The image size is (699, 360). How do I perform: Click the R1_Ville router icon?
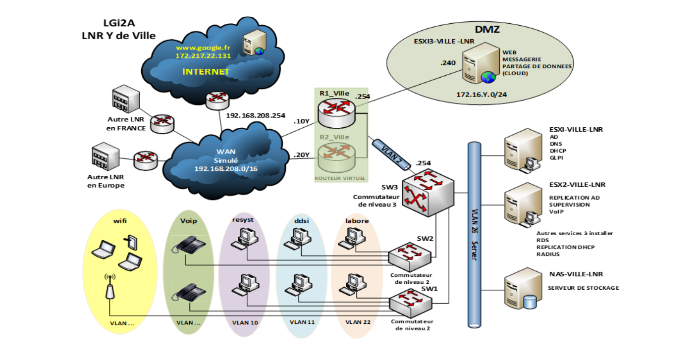tap(336, 113)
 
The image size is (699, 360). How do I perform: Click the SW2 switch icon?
tap(410, 257)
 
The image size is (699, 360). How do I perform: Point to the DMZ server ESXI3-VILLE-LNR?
tap(480, 63)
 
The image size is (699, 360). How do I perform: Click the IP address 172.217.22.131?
tap(203, 56)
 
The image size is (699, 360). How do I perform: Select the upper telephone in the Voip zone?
tap(188, 245)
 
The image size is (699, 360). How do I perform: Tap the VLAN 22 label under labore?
tap(358, 322)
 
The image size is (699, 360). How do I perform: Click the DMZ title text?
tap(487, 29)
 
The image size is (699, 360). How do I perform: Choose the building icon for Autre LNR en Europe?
tap(106, 156)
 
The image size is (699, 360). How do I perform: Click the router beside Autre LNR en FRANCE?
tap(162, 124)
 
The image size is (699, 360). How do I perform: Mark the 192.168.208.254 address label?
tap(256, 115)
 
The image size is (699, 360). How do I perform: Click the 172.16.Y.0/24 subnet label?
tap(482, 95)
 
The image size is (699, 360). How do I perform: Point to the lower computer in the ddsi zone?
tap(299, 285)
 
